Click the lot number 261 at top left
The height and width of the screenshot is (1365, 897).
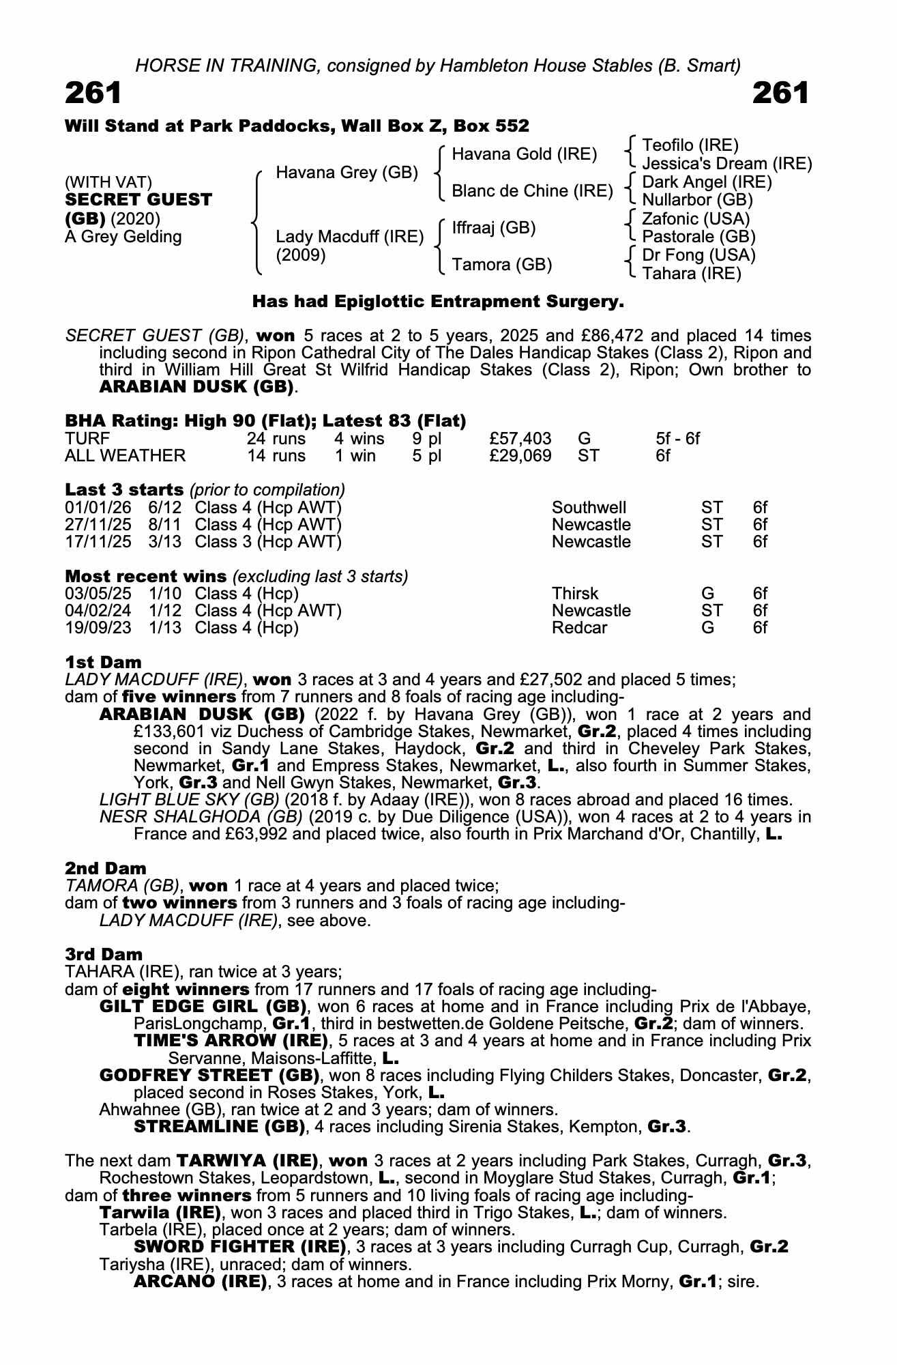pyautogui.click(x=93, y=93)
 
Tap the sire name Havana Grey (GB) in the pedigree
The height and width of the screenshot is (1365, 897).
pyautogui.click(x=347, y=173)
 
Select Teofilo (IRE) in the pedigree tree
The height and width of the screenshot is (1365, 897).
pyautogui.click(x=690, y=145)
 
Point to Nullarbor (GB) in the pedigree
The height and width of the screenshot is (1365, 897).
pyautogui.click(x=697, y=200)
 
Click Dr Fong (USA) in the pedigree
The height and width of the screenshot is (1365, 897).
pyautogui.click(x=699, y=255)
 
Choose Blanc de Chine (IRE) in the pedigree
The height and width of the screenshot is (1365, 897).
pyautogui.click(x=532, y=191)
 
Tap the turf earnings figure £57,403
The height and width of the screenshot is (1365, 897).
pyautogui.click(x=520, y=438)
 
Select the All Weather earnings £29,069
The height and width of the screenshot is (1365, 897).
pyautogui.click(x=520, y=455)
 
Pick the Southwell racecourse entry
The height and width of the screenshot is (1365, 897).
pyautogui.click(x=589, y=508)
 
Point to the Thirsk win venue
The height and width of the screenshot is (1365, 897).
pyautogui.click(x=574, y=594)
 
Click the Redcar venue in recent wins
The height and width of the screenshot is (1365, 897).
pyautogui.click(x=579, y=628)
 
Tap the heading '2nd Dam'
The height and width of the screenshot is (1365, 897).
pyautogui.click(x=106, y=868)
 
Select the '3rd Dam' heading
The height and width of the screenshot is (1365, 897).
pyautogui.click(x=104, y=954)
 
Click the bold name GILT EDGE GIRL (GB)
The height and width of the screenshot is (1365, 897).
pyautogui.click(x=203, y=1007)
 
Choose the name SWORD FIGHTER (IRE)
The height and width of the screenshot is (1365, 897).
pyautogui.click(x=239, y=1247)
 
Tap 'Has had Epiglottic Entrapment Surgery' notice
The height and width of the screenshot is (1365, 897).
pyautogui.click(x=438, y=301)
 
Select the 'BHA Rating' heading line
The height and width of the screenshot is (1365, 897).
pyautogui.click(x=265, y=421)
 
